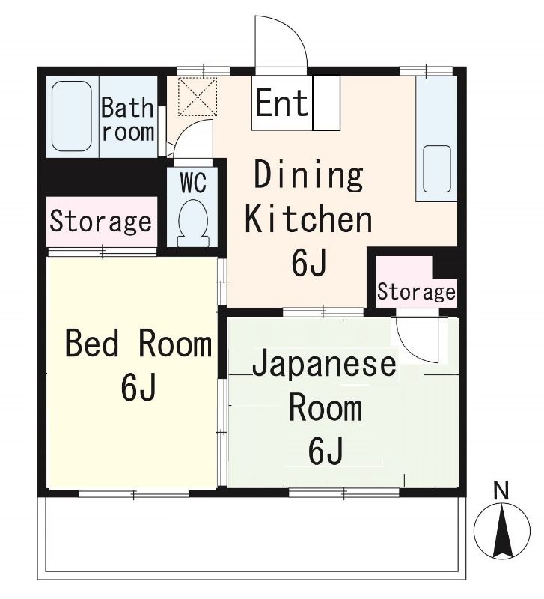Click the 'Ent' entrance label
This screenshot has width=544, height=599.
click(281, 103)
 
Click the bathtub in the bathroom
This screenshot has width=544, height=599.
click(73, 116)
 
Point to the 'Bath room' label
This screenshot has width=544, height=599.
click(128, 119)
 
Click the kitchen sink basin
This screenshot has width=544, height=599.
click(436, 169)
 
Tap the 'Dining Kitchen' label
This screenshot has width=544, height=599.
click(308, 197)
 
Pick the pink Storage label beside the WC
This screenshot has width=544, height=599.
click(101, 222)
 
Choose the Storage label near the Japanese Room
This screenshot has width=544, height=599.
click(416, 291)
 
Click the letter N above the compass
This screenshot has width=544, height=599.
click(501, 492)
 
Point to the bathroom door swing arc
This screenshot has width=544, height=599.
click(193, 137)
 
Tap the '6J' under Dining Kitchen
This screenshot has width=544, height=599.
click(308, 262)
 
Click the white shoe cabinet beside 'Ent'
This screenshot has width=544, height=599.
click(326, 103)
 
